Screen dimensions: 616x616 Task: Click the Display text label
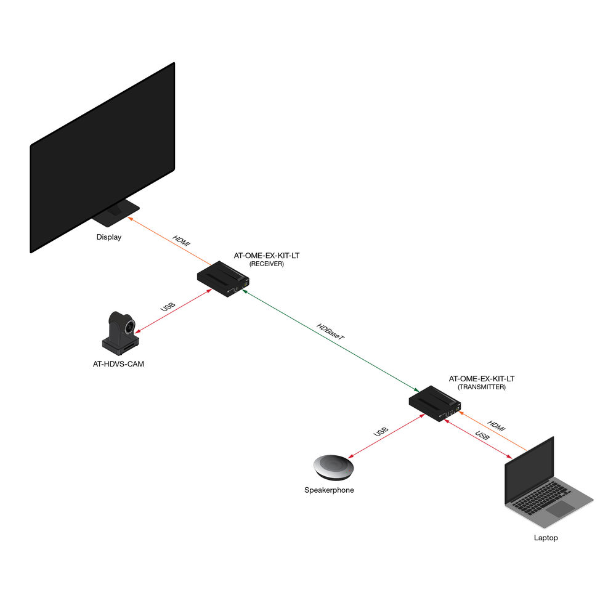pos(109,237)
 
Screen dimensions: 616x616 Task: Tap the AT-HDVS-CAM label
pos(118,364)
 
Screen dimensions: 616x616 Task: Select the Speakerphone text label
pos(329,490)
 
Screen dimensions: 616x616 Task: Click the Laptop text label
pos(546,538)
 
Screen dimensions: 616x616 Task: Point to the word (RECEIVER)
pos(266,264)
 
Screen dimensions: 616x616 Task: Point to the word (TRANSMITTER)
pos(481,387)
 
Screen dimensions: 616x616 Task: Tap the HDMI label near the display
pos(181,240)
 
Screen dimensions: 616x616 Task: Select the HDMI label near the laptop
pos(496,426)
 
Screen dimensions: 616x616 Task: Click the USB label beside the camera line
pos(168,306)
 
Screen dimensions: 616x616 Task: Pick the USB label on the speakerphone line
pos(381,432)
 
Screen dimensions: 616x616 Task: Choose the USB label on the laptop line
pos(482,436)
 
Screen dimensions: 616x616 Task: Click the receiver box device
pos(223,279)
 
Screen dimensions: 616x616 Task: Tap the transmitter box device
pos(434,403)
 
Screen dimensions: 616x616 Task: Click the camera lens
pos(129,327)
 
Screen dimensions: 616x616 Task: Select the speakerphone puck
pos(333,468)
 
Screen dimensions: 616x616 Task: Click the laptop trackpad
pos(560,509)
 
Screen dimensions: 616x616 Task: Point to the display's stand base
pos(116,213)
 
